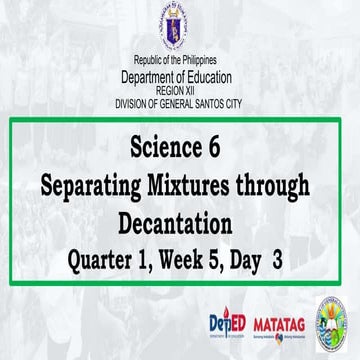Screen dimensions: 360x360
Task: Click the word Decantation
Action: [179, 220]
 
